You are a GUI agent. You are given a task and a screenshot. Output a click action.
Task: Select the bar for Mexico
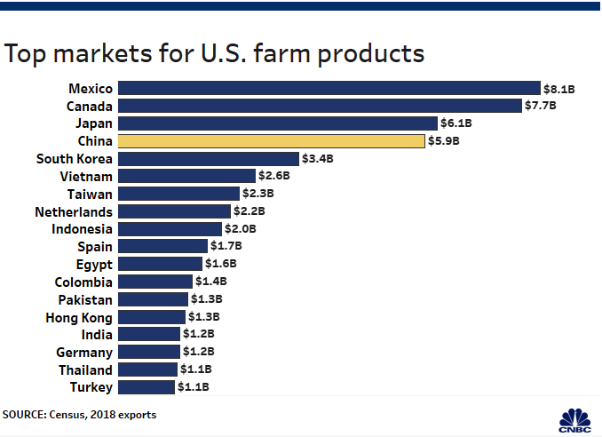329,88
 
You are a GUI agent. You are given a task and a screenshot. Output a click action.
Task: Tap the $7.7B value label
541,106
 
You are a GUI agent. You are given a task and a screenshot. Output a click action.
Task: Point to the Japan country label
94,123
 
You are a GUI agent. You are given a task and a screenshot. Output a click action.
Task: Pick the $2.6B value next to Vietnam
274,176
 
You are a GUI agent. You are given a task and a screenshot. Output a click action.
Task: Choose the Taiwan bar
178,194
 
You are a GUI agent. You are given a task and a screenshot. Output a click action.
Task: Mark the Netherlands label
74,211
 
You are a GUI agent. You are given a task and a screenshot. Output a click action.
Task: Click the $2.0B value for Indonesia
240,229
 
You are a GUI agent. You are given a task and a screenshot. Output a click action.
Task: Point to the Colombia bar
154,282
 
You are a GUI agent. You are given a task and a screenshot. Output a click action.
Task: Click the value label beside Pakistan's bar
206,299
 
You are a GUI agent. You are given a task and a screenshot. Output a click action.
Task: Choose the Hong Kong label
79,317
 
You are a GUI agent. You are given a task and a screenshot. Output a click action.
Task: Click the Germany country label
83,352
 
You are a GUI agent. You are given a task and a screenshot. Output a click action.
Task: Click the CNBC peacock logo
575,417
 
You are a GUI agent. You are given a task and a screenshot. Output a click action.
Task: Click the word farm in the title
263,53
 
